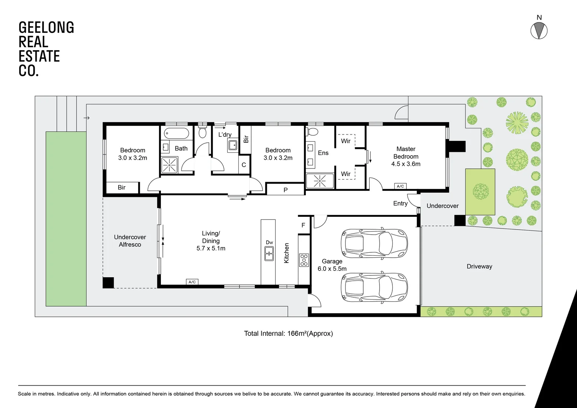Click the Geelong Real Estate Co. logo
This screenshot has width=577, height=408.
pos(46,49)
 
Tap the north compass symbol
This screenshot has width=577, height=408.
pos(539,31)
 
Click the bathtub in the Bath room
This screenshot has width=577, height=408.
pos(176,133)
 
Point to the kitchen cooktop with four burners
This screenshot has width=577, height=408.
pos(304,260)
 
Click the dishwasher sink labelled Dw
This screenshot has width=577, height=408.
pos(269,253)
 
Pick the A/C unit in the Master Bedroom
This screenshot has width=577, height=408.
pos(400,186)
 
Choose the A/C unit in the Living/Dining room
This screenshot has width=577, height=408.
pos(192,282)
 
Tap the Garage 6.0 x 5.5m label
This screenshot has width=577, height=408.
pos(332,265)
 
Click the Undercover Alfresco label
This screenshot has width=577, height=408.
pos(130,241)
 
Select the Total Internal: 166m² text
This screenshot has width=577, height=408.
pos(288,333)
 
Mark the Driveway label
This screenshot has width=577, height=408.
pos(479,266)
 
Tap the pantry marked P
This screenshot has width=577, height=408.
pos(285,190)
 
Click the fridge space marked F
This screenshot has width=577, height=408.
pos(303,225)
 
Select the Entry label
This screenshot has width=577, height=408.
pos(400,204)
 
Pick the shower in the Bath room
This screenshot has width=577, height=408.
pos(169,165)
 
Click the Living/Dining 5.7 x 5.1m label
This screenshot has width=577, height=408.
pos(211,241)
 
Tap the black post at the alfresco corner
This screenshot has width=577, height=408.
pos(108,283)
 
